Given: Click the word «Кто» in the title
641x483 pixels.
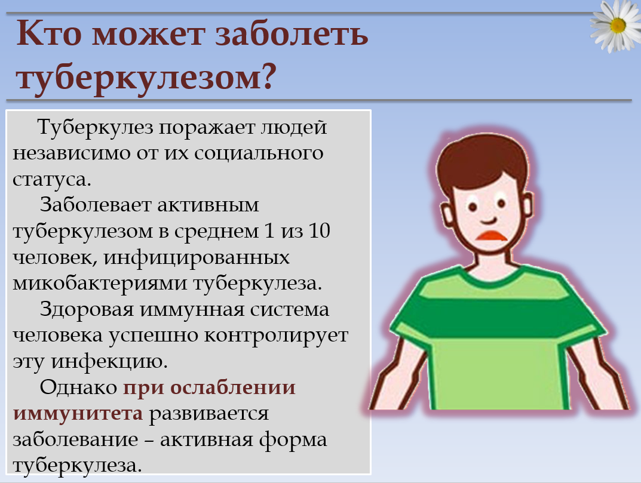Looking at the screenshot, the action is click(x=49, y=34).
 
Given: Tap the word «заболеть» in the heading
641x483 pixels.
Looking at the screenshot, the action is click(x=292, y=34).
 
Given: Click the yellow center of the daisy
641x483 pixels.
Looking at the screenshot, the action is click(x=618, y=26).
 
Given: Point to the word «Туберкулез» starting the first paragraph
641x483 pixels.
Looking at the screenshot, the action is click(x=96, y=128).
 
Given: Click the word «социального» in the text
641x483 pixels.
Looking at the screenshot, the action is click(x=259, y=153).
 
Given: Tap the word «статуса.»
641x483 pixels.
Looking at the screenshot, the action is click(x=52, y=180).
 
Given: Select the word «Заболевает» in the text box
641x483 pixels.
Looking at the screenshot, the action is click(x=96, y=205).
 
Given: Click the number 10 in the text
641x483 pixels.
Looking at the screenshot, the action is click(x=319, y=231).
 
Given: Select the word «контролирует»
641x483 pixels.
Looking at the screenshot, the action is click(x=276, y=336).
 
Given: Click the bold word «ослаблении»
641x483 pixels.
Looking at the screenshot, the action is click(x=232, y=387).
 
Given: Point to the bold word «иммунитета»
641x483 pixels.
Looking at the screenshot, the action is click(x=78, y=414).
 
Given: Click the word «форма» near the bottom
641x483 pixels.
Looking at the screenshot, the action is click(x=293, y=439).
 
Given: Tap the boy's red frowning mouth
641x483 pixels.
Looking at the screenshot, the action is click(x=492, y=236).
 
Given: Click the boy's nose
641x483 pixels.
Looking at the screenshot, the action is click(x=489, y=218).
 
